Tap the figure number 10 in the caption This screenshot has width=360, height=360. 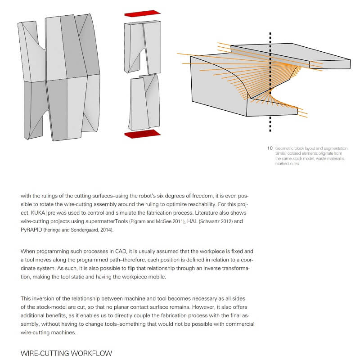pos(270,148)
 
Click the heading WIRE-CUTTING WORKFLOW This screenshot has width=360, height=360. pos(66,353)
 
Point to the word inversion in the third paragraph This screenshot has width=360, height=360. pos(44,298)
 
